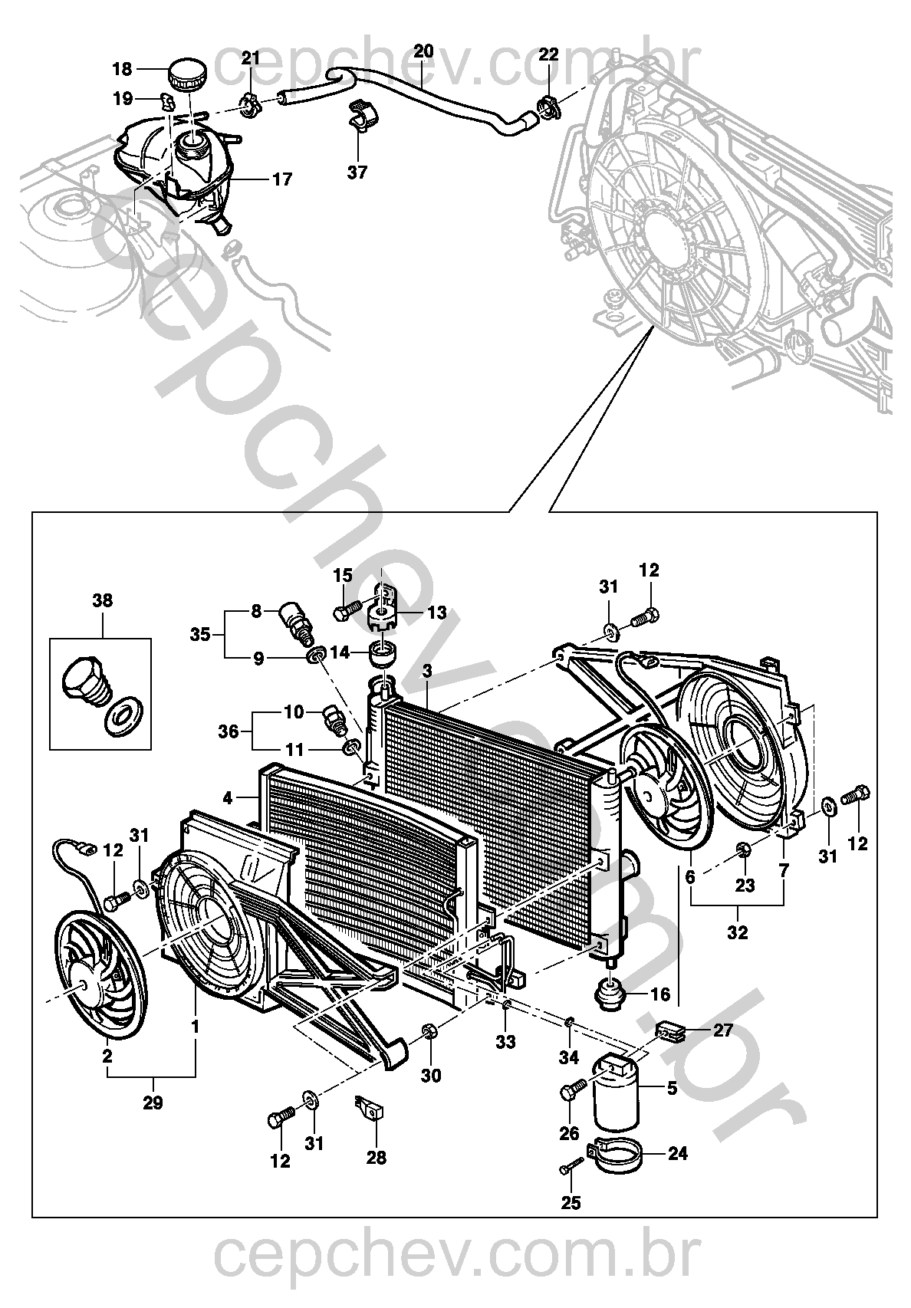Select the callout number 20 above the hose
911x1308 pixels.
pos(423,51)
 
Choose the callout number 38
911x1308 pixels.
pos(102,601)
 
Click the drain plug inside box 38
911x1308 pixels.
pos(81,679)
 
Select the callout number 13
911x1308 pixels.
pos(437,613)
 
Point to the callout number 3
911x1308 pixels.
pos(427,672)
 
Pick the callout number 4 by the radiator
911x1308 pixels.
pos(227,798)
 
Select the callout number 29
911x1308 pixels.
pos(153,1104)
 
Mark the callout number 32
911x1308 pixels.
pos(738,934)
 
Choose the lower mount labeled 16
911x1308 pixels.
pos(612,994)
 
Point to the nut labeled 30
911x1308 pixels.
pos(429,1034)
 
